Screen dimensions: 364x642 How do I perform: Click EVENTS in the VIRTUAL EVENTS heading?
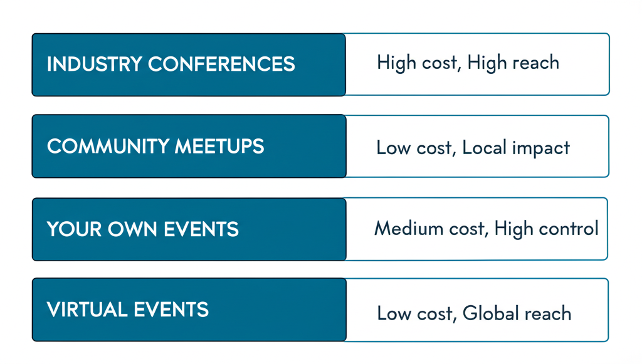point(171,309)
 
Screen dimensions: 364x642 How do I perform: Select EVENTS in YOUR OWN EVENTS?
point(202,229)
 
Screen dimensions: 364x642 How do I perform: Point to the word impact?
point(540,148)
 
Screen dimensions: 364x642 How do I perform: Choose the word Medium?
point(408,229)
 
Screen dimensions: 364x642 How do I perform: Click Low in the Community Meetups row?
point(391,148)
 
